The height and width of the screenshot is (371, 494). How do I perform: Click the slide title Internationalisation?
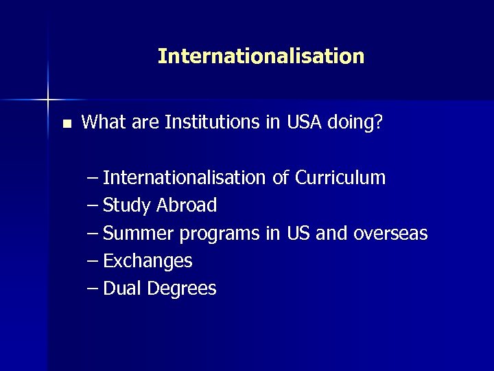pyautogui.click(x=261, y=56)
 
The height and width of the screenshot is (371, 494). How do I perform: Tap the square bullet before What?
pyautogui.click(x=66, y=124)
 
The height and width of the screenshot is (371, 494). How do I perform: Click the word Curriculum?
pyautogui.click(x=340, y=178)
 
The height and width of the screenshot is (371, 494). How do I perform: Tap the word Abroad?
pyautogui.click(x=187, y=205)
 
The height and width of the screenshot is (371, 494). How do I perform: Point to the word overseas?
pyautogui.click(x=390, y=234)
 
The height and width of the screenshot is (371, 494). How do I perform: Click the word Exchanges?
pyautogui.click(x=148, y=262)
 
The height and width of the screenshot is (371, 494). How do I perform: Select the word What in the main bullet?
pyautogui.click(x=101, y=123)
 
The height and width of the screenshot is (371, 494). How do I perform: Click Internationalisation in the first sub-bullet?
pyautogui.click(x=185, y=178)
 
